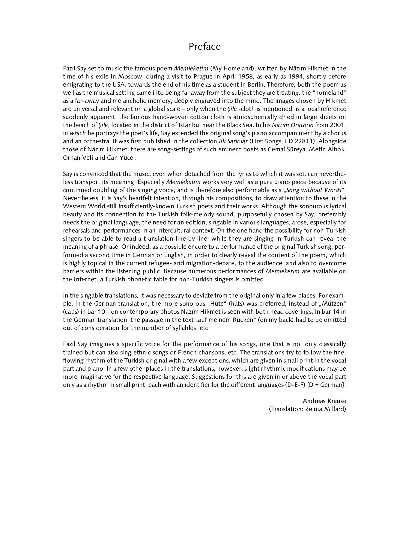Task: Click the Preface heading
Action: [x=204, y=46]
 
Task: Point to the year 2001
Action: [x=338, y=125]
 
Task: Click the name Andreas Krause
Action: [x=324, y=401]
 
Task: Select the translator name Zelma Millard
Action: [x=325, y=409]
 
